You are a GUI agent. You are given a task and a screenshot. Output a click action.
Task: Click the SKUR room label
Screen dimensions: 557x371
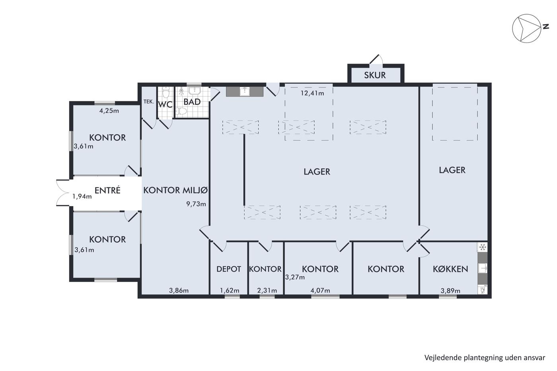tap(375, 75)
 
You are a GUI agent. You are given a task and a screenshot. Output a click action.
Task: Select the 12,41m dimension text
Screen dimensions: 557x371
tap(312, 93)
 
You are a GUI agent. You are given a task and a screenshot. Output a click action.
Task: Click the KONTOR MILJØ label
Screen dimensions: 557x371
tap(175, 190)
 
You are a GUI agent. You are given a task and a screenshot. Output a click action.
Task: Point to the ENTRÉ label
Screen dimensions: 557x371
tap(107, 190)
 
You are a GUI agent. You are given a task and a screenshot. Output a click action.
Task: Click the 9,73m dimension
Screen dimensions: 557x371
tap(196, 204)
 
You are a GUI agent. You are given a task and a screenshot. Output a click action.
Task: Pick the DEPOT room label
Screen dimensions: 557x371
tap(229, 269)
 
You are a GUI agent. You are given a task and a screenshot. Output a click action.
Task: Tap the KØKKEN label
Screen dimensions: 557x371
tap(450, 269)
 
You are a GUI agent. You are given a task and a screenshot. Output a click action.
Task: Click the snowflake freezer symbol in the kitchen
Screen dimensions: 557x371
tap(483, 247)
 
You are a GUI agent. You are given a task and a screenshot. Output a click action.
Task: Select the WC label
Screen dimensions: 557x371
tap(166, 105)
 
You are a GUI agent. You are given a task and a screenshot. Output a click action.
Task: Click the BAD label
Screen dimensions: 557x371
tap(192, 102)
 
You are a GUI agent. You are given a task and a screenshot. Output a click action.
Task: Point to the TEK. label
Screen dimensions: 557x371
tap(149, 102)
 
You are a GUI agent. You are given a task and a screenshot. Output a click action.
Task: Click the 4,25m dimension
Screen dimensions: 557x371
tap(109, 111)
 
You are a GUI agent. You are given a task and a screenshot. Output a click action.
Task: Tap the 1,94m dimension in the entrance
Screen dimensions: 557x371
tap(82, 196)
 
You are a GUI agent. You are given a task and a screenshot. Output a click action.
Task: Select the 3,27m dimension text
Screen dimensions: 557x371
tap(295, 277)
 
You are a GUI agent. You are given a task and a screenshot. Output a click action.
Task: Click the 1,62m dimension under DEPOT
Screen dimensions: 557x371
tap(230, 290)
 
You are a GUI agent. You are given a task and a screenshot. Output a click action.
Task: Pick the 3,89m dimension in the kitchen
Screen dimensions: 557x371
tap(450, 291)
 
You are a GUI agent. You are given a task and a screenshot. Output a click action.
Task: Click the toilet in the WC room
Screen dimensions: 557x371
tap(166, 93)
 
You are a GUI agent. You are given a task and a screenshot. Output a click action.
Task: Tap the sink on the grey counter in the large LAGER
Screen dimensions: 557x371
tap(245, 91)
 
